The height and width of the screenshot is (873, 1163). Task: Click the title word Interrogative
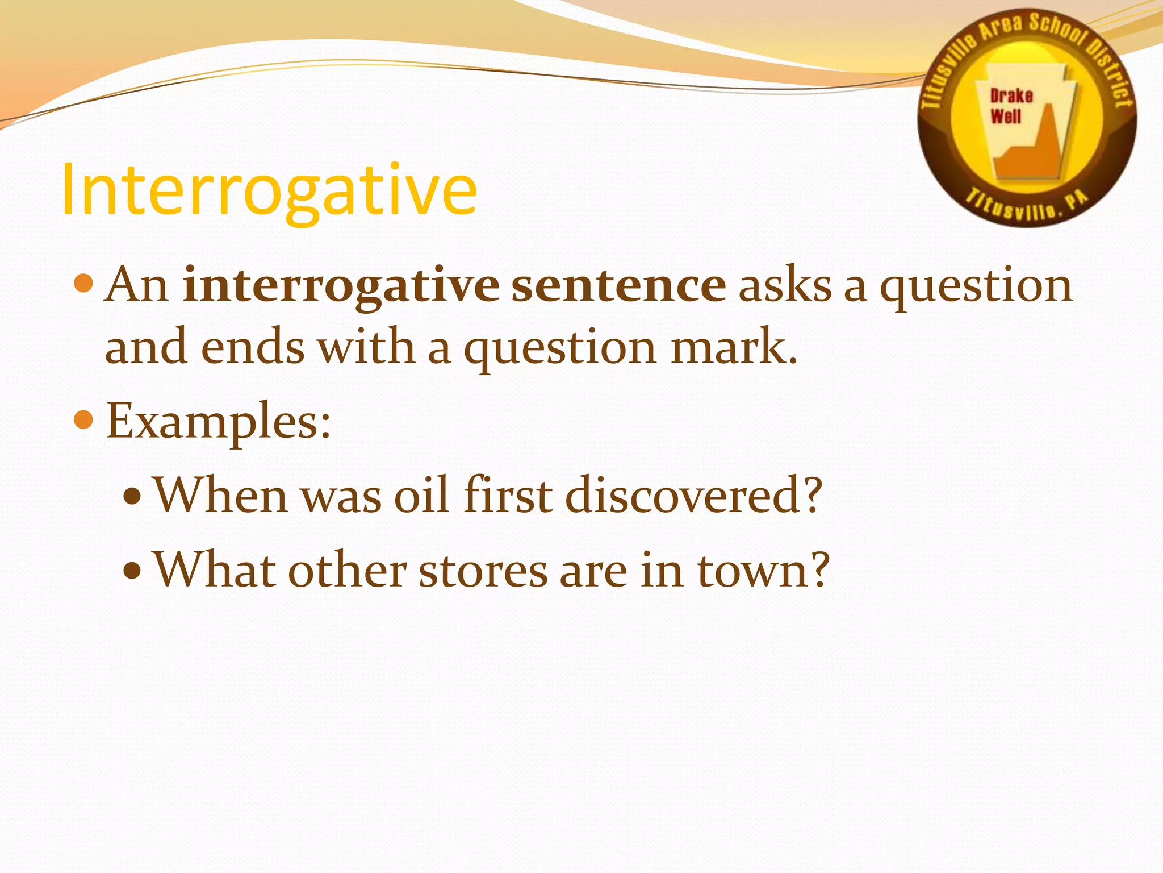(x=269, y=190)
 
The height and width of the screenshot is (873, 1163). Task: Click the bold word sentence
(x=618, y=285)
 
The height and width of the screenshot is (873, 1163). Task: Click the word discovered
(x=693, y=495)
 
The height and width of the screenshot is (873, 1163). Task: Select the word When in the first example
(x=221, y=495)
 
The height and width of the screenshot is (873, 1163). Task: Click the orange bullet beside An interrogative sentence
(x=83, y=282)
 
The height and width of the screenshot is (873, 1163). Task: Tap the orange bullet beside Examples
(x=83, y=421)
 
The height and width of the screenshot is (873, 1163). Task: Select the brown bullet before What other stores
(x=132, y=570)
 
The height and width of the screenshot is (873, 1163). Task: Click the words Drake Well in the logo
(x=1010, y=106)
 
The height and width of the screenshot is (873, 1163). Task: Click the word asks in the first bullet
(x=784, y=285)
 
